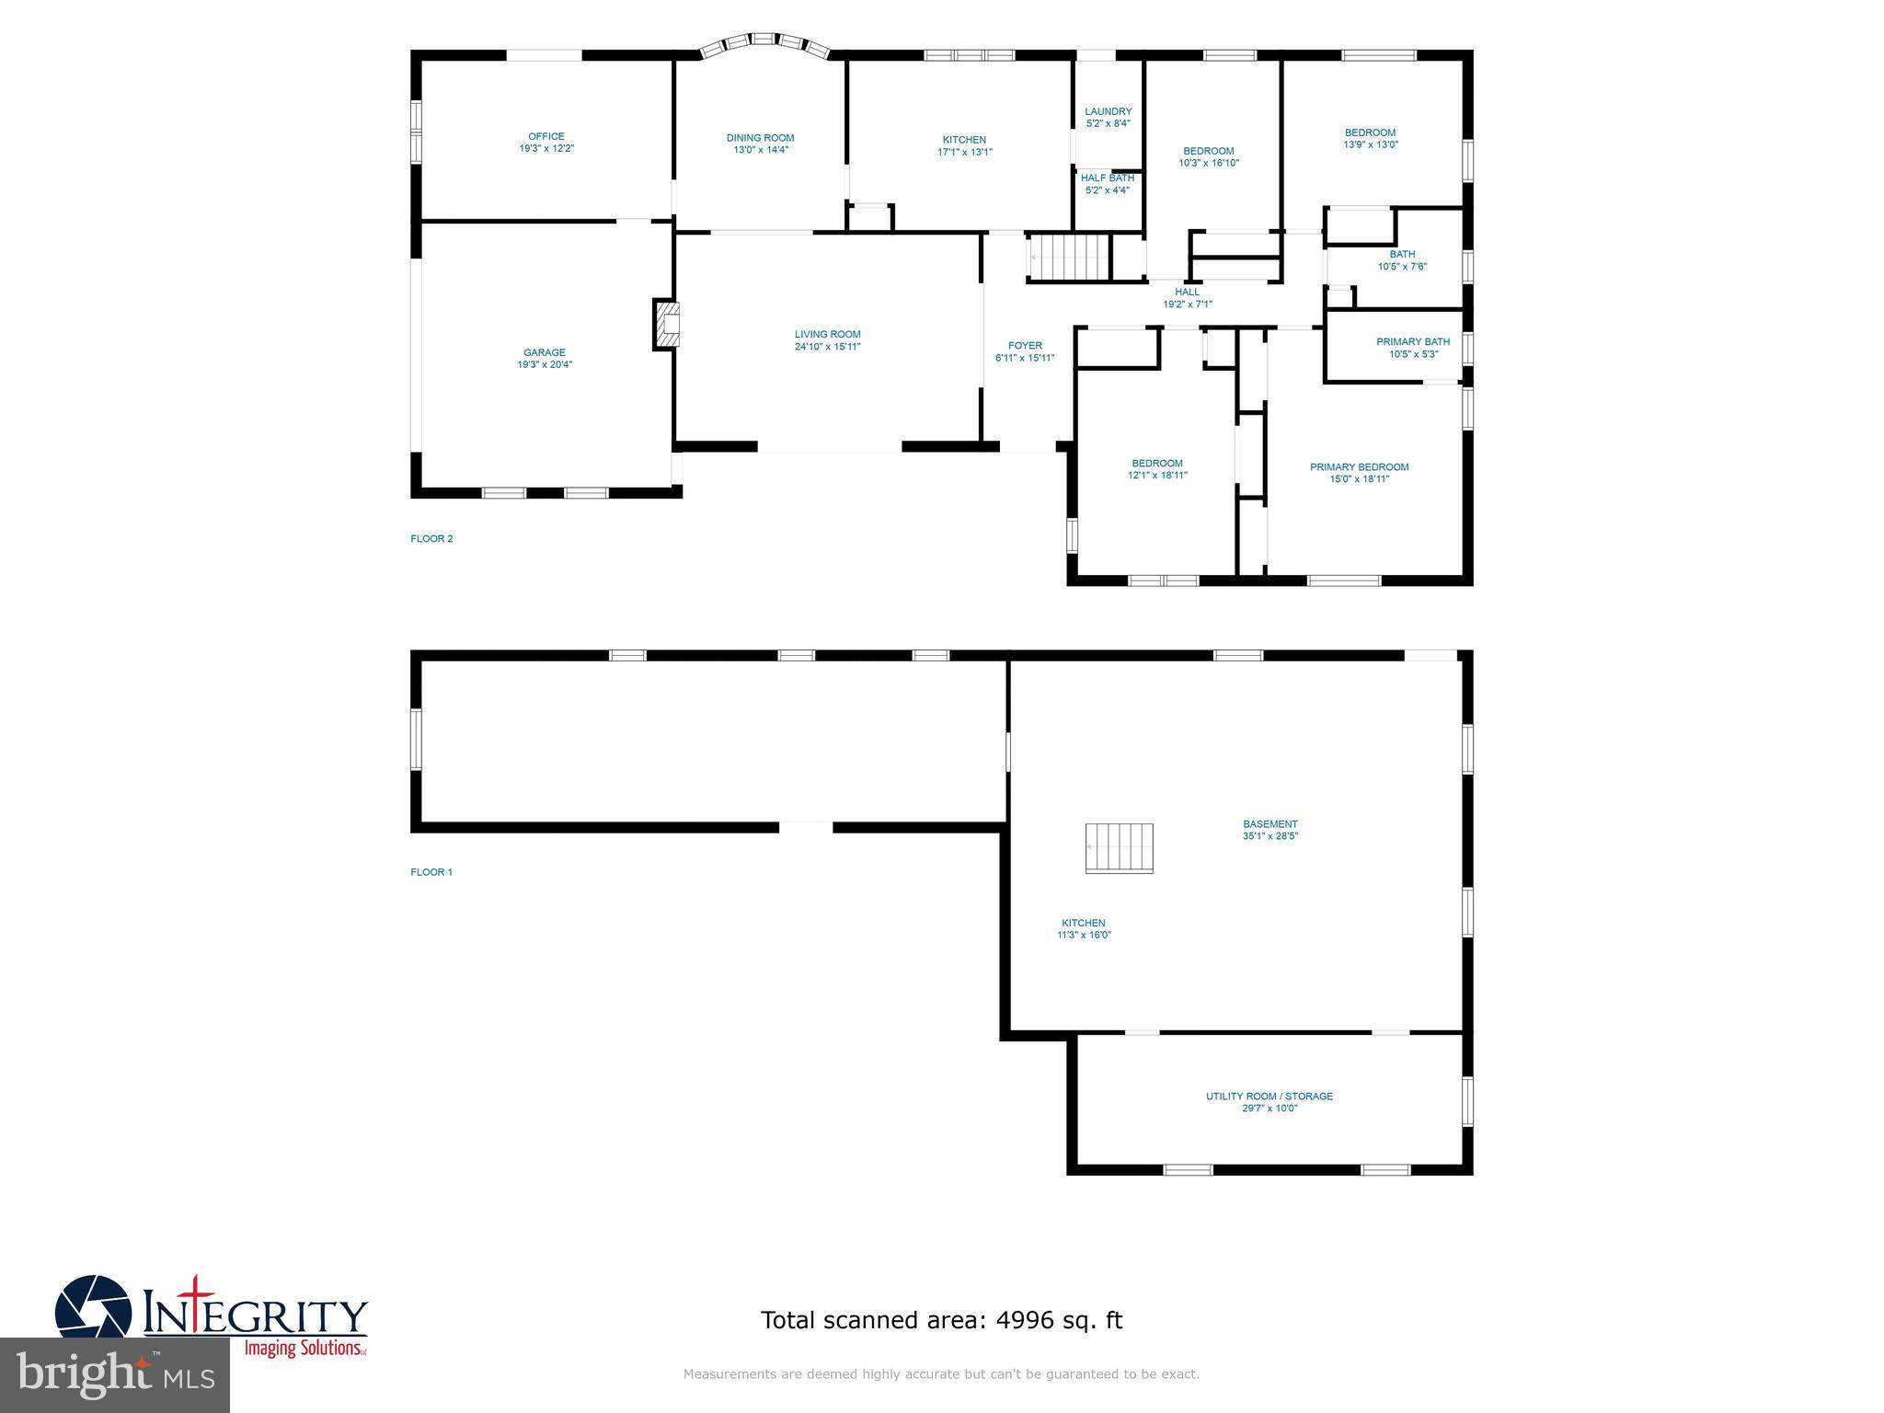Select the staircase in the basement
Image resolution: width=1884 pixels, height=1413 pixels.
pyautogui.click(x=1120, y=847)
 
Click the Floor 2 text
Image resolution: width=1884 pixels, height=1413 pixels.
pyautogui.click(x=431, y=539)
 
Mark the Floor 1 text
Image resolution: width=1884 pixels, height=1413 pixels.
pyautogui.click(x=431, y=872)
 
